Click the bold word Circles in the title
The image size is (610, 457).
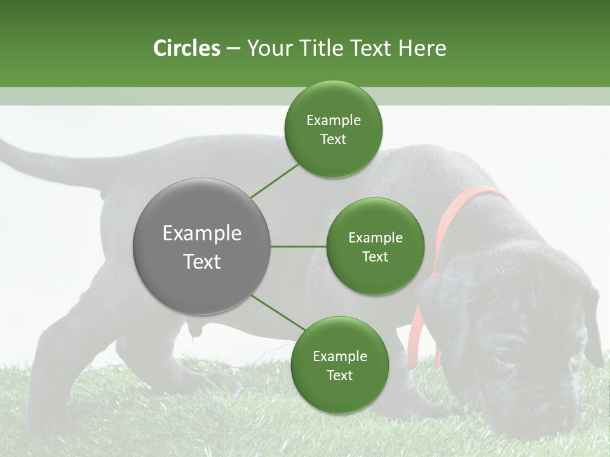click(187, 48)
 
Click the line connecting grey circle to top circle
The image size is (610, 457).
click(274, 180)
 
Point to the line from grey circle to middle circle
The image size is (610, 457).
click(299, 246)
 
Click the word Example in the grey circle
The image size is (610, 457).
click(202, 234)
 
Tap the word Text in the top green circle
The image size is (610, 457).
click(333, 140)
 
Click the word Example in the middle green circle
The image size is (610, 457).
click(375, 238)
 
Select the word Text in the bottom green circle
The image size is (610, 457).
click(339, 375)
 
